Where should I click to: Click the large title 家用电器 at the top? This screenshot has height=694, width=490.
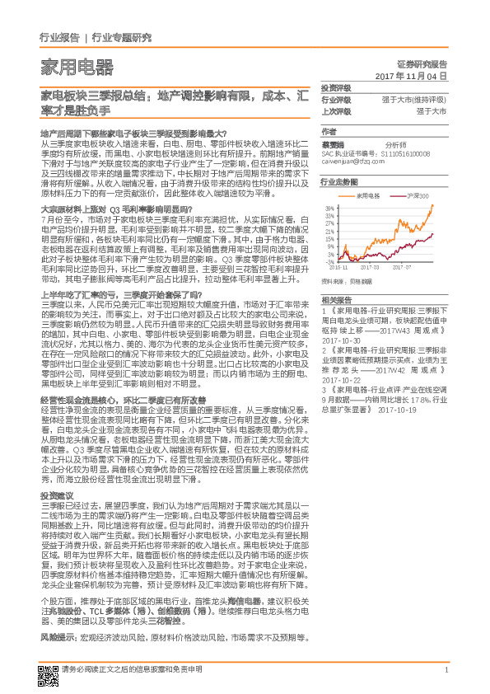click(77, 67)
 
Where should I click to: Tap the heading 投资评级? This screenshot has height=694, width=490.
click(336, 88)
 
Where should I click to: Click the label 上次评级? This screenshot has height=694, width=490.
click(336, 111)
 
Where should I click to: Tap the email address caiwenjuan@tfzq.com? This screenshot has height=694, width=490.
click(355, 162)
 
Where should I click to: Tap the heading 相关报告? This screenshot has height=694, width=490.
click(336, 299)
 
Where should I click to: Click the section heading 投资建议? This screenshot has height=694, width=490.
click(56, 495)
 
